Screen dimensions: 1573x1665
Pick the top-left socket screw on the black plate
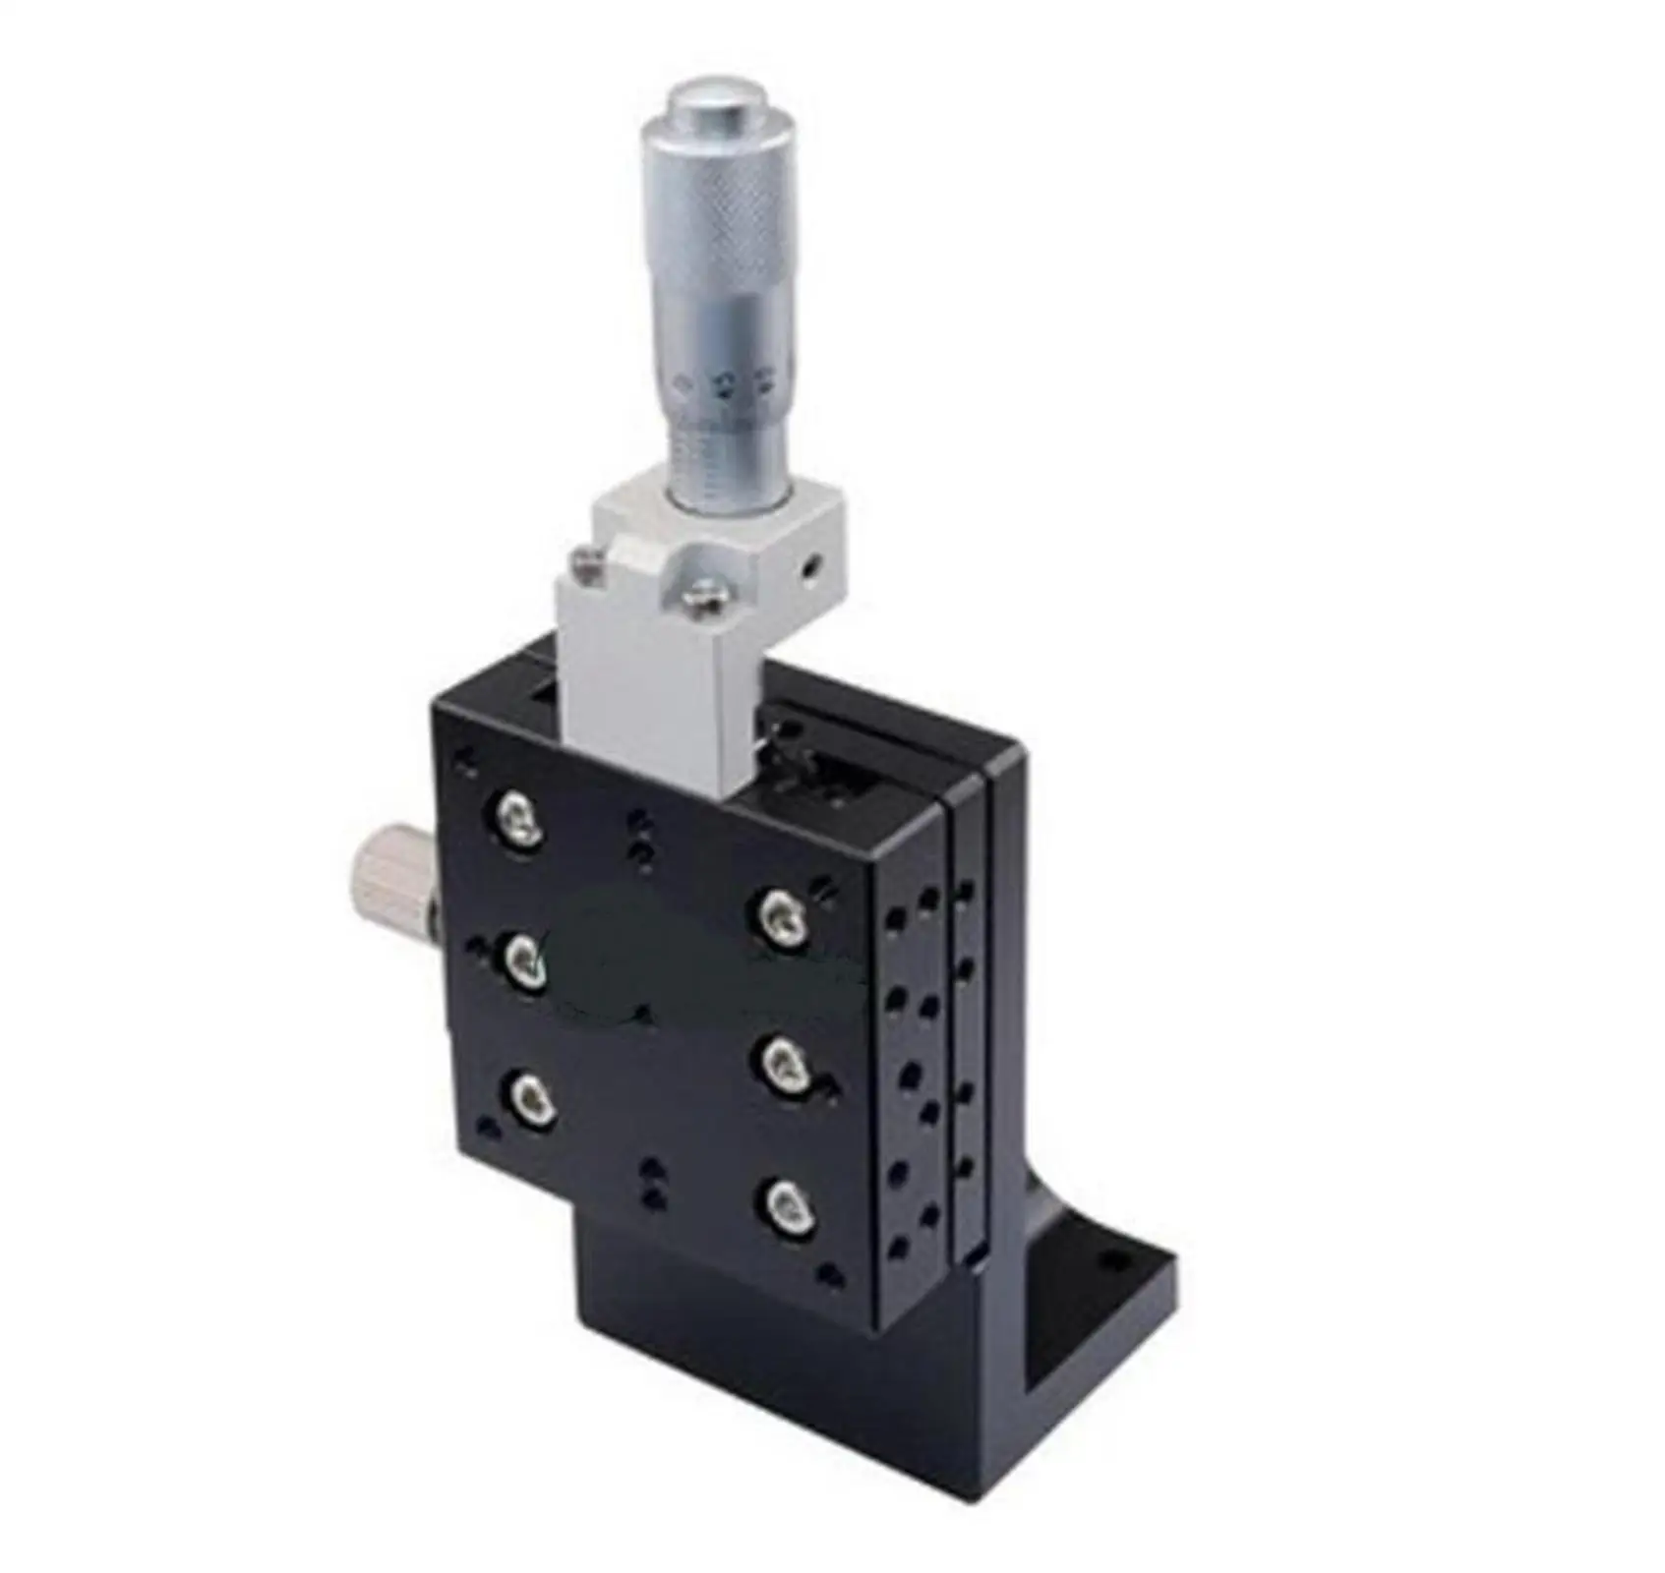pos(518,819)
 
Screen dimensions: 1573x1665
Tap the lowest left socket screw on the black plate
pos(532,1098)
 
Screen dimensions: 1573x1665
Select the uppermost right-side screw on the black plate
pos(784,917)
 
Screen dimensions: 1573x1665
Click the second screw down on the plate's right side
pos(787,1063)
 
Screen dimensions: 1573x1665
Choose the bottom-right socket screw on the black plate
pos(788,1206)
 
